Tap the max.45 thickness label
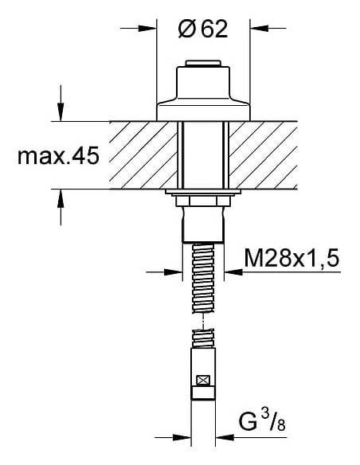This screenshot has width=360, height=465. pyautogui.click(x=57, y=156)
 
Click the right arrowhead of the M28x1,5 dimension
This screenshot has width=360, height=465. pyautogui.click(x=233, y=272)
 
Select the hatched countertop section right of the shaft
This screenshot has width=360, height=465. pyautogui.click(x=266, y=155)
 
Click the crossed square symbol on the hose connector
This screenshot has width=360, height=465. pyautogui.click(x=204, y=381)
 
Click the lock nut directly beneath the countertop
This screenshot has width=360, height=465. pyautogui.click(x=205, y=197)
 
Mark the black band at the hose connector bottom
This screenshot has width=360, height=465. pyautogui.click(x=204, y=393)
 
